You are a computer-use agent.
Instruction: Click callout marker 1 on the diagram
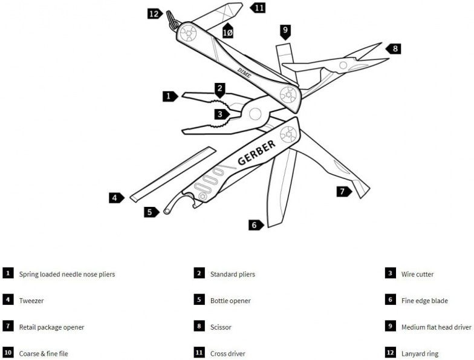pyautogui.click(x=169, y=96)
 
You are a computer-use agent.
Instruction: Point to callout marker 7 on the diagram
pyautogui.click(x=344, y=192)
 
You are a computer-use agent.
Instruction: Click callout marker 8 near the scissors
pyautogui.click(x=394, y=48)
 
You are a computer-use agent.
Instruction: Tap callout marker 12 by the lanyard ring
pyautogui.click(x=154, y=13)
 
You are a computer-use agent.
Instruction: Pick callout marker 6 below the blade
pyautogui.click(x=255, y=225)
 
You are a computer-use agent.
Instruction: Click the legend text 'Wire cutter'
pyautogui.click(x=417, y=274)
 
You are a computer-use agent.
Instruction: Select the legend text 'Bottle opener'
pyautogui.click(x=230, y=301)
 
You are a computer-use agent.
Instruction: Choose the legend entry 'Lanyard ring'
pyautogui.click(x=420, y=354)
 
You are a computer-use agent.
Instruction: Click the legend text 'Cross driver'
pyautogui.click(x=228, y=354)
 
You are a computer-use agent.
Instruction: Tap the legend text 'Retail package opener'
pyautogui.click(x=51, y=327)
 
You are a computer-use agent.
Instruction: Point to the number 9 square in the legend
pyautogui.click(x=391, y=327)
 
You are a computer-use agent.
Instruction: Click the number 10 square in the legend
pyautogui.click(x=8, y=354)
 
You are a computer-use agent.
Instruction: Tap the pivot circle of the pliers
pyautogui.click(x=255, y=113)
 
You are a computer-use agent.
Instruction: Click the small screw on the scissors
pyautogui.click(x=343, y=65)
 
